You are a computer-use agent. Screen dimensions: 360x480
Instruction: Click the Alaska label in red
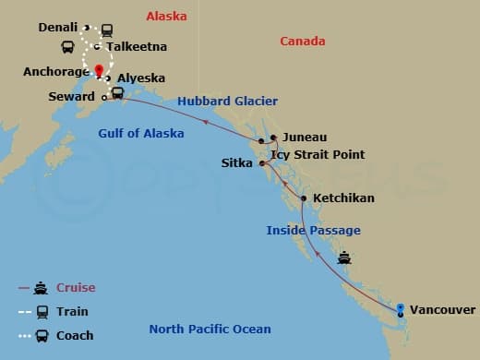pyautogui.click(x=166, y=17)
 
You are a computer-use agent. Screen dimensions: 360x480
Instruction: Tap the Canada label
pyautogui.click(x=303, y=42)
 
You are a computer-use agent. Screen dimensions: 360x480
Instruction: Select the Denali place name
pyautogui.click(x=58, y=28)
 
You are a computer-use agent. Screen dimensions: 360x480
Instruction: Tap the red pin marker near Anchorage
pyautogui.click(x=99, y=69)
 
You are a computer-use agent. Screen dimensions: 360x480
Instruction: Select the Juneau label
pyautogui.click(x=305, y=136)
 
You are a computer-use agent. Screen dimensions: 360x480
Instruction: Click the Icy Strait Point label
pyautogui.click(x=324, y=154)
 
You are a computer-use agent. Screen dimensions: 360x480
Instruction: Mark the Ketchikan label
pyautogui.click(x=344, y=198)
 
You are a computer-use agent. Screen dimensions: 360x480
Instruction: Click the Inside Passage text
pyautogui.click(x=313, y=230)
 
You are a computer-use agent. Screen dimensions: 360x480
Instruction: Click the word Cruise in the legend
pyautogui.click(x=76, y=288)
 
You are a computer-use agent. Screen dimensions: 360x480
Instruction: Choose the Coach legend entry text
pyautogui.click(x=75, y=335)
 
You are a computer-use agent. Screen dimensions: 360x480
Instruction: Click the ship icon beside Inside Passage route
pyautogui.click(x=344, y=258)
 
